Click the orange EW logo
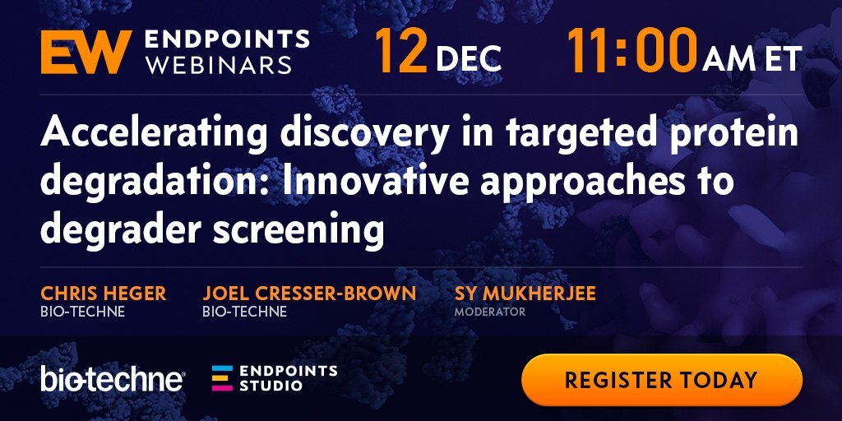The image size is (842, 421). pyautogui.click(x=86, y=52)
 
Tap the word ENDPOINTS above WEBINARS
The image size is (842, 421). pyautogui.click(x=227, y=39)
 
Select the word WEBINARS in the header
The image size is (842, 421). pyautogui.click(x=219, y=65)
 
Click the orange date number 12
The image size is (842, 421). pyautogui.click(x=400, y=50)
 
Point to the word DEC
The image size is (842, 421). pyautogui.click(x=469, y=58)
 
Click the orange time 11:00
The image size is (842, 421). pyautogui.click(x=632, y=50)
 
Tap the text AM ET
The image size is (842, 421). pyautogui.click(x=752, y=58)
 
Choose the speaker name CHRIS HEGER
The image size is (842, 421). pyautogui.click(x=103, y=294)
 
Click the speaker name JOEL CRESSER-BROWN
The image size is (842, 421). pyautogui.click(x=309, y=294)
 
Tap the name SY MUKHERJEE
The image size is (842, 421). pyautogui.click(x=525, y=294)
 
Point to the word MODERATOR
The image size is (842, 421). pyautogui.click(x=490, y=312)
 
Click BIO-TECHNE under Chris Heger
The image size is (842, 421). pyautogui.click(x=83, y=312)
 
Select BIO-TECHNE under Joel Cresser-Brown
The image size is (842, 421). pyautogui.click(x=245, y=312)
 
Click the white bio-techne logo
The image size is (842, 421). pyautogui.click(x=113, y=380)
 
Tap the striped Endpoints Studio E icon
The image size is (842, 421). pyautogui.click(x=222, y=378)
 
